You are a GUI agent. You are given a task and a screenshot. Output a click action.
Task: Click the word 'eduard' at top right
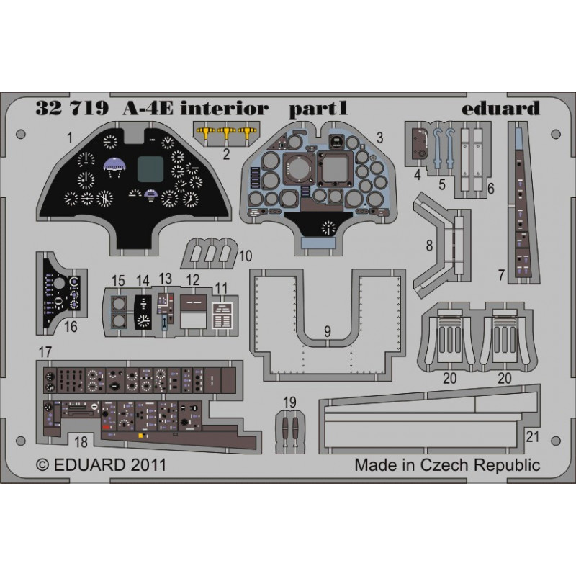click(x=500, y=108)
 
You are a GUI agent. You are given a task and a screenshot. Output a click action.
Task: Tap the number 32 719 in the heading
click(x=73, y=109)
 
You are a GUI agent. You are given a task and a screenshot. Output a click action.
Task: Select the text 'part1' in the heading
click(x=318, y=109)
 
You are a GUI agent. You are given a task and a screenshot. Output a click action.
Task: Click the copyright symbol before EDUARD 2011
click(x=42, y=465)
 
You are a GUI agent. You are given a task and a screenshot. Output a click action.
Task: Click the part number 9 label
click(x=328, y=332)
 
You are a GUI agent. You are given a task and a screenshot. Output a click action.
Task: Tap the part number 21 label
click(x=532, y=437)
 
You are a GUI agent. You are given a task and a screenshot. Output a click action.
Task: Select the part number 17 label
click(x=45, y=352)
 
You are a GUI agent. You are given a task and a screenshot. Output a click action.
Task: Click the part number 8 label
click(x=429, y=246)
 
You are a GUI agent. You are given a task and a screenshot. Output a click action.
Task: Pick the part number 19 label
click(x=289, y=402)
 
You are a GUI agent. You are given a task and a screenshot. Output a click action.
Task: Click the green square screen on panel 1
click(x=150, y=169)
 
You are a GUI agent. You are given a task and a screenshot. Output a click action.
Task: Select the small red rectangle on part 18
click(x=106, y=427)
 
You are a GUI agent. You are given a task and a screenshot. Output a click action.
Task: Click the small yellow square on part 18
click(x=140, y=436)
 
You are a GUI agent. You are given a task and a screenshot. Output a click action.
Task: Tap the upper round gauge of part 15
click(x=118, y=305)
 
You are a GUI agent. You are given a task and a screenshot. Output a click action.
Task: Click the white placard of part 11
click(x=222, y=315)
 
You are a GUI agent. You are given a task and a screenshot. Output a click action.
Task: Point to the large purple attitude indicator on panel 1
click(x=114, y=166)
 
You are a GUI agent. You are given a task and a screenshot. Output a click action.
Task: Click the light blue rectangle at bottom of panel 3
click(x=318, y=242)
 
